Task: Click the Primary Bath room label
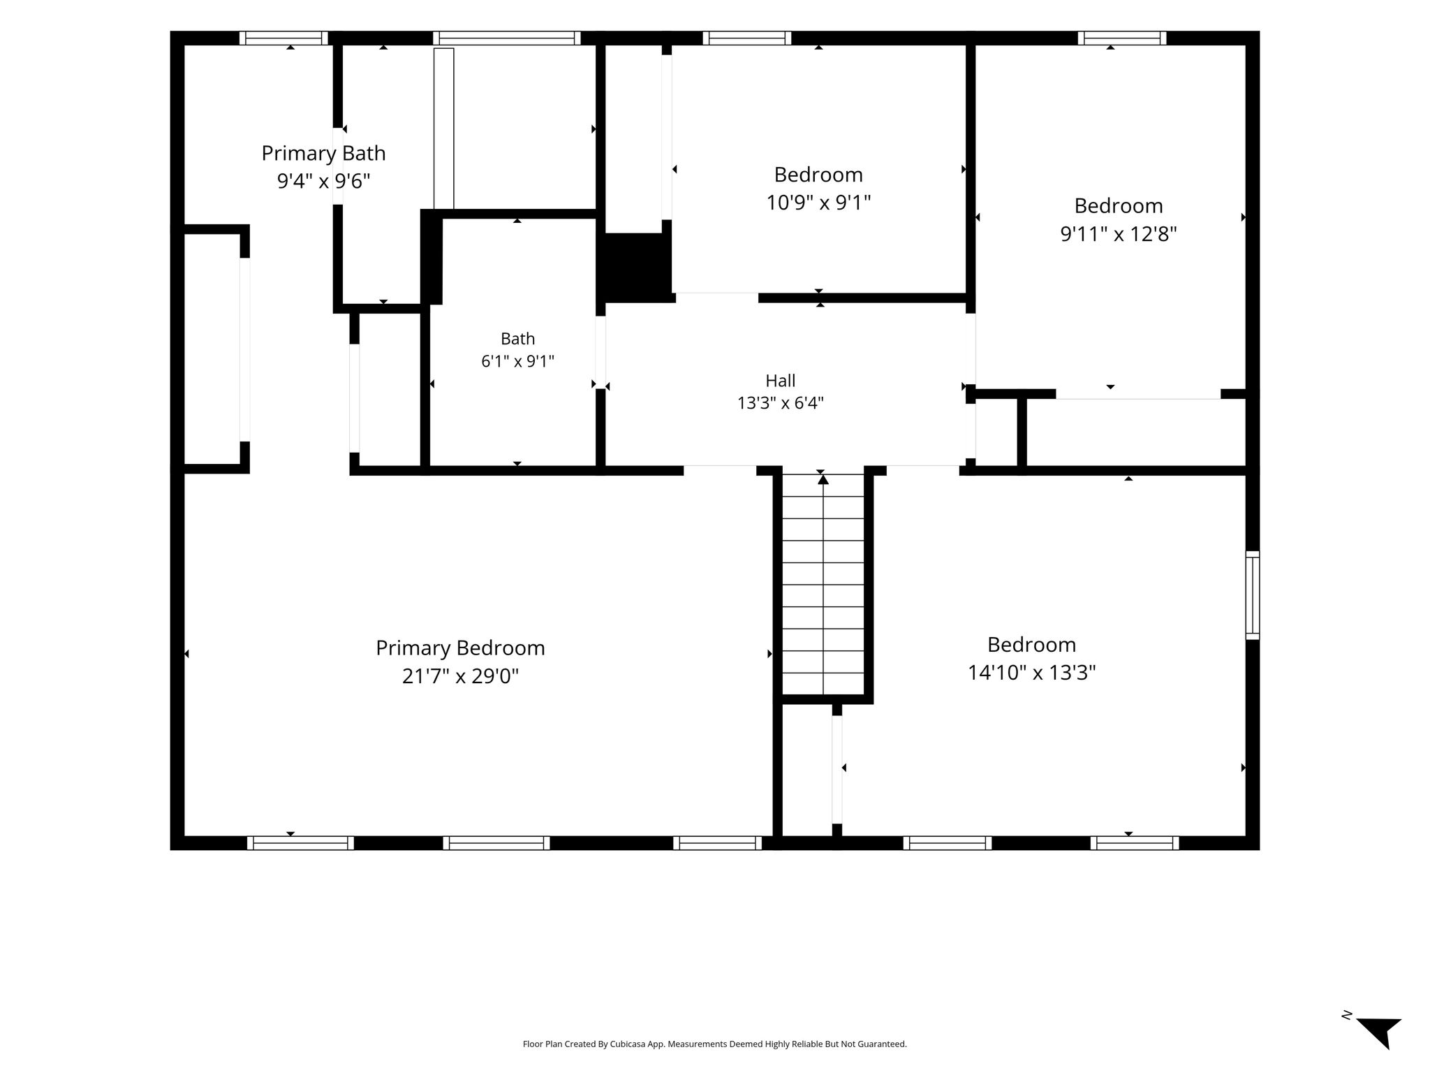pos(323,153)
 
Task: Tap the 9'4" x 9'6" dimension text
pos(323,181)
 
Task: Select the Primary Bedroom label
pos(460,648)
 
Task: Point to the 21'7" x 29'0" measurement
pos(460,676)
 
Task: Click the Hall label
pos(781,381)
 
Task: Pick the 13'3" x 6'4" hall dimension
pos(781,403)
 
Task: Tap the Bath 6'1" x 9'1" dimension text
pos(517,361)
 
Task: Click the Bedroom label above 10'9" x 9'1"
pos(818,174)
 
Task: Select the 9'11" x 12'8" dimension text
pos(1119,233)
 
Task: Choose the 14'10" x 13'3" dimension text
pos(1031,672)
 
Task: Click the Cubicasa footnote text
pos(714,1044)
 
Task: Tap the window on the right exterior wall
pos(1253,595)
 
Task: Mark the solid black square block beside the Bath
pos(635,268)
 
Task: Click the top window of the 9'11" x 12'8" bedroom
pos(1122,38)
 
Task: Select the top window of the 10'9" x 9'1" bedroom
pos(747,38)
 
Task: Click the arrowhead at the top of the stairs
pos(823,479)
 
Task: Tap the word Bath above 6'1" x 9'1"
pos(517,339)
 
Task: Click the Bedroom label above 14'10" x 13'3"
pos(1031,644)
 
